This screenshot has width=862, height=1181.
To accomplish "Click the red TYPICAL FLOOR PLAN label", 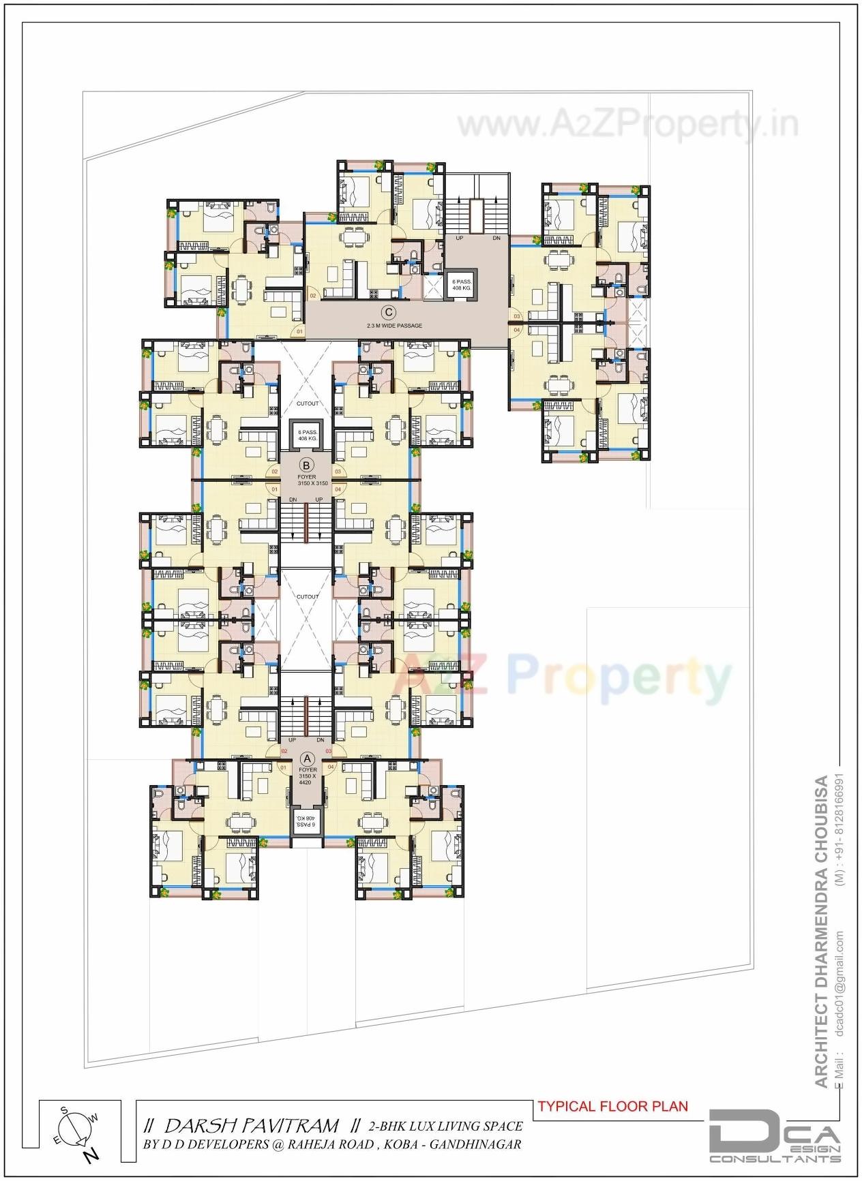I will (x=612, y=1105).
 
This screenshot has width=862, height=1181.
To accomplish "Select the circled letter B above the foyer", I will (x=307, y=465).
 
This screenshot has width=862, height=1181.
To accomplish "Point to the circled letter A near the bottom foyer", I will (x=307, y=758).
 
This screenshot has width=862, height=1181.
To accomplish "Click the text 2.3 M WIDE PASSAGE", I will (x=394, y=326).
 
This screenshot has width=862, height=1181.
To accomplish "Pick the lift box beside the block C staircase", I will (x=461, y=285).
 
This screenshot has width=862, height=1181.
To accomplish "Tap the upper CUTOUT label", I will (x=308, y=403).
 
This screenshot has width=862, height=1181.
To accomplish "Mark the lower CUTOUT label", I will (x=308, y=596).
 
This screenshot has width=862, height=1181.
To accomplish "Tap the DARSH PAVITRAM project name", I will (x=252, y=1125).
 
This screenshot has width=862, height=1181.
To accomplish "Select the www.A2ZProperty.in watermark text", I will (x=627, y=125).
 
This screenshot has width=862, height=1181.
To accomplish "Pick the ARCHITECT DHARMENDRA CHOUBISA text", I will (x=821, y=934).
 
